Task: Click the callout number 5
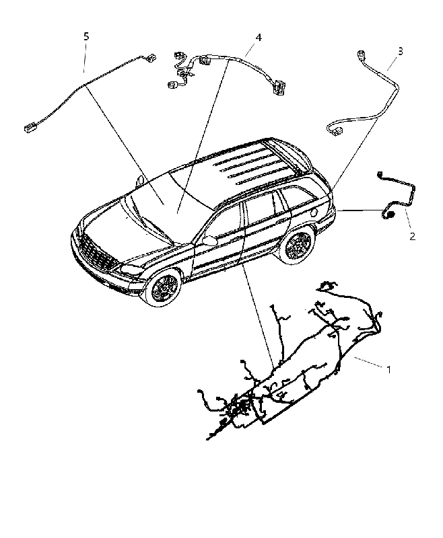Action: (x=86, y=36)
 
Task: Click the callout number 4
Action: (x=259, y=38)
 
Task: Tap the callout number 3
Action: (x=400, y=52)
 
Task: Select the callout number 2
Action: (x=413, y=236)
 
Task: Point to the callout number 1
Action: (x=388, y=369)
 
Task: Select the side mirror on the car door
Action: (x=210, y=240)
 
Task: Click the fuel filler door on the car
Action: (x=312, y=213)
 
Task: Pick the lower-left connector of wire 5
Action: (x=28, y=129)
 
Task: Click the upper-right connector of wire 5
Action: (x=151, y=57)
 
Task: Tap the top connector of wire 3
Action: (x=361, y=54)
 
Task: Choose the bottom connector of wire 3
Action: (x=337, y=130)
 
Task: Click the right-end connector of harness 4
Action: (x=277, y=87)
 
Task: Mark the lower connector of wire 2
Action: (x=389, y=215)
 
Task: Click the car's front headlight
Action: (x=131, y=270)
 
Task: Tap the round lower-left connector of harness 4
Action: (x=172, y=85)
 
